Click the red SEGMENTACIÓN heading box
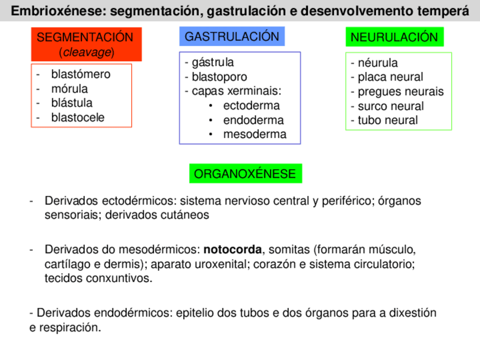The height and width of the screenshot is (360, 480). tap(86, 45)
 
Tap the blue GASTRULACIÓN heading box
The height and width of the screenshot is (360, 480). tap(232, 37)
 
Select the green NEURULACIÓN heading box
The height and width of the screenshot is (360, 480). tap(394, 37)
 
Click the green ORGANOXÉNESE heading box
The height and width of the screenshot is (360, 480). tap(245, 174)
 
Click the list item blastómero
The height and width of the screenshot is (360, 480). tap(81, 74)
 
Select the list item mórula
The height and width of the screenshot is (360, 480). tap(70, 89)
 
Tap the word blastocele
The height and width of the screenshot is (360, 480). tap(78, 118)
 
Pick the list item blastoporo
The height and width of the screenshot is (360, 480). tap(219, 77)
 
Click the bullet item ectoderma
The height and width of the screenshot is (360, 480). tap(251, 106)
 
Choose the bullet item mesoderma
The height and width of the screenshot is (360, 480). tap(255, 135)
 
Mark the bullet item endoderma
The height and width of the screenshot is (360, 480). tap(254, 120)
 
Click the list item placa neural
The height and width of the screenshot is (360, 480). tap(390, 77)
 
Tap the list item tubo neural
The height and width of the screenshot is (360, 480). tap(387, 120)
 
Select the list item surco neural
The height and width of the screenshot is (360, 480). tap(391, 106)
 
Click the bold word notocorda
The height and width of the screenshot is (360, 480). tap(233, 250)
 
